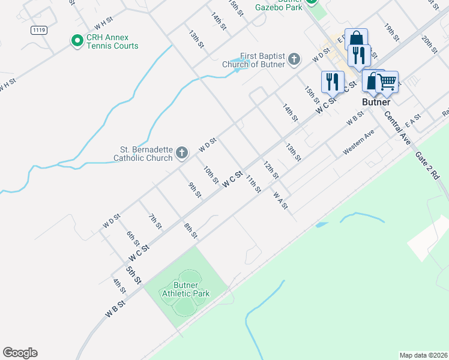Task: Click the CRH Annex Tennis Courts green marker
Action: click(x=77, y=41)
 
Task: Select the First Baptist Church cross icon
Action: click(x=294, y=59)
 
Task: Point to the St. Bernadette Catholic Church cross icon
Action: click(x=182, y=154)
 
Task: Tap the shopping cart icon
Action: click(x=387, y=81)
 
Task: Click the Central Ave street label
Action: click(x=397, y=128)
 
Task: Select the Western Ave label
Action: click(x=358, y=143)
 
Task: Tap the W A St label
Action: click(x=280, y=200)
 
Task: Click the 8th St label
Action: click(x=191, y=230)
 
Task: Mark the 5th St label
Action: click(x=133, y=275)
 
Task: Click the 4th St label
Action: click(x=119, y=285)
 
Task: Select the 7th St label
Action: click(x=155, y=221)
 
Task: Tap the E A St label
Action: click(x=412, y=122)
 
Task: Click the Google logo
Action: click(x=20, y=353)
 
